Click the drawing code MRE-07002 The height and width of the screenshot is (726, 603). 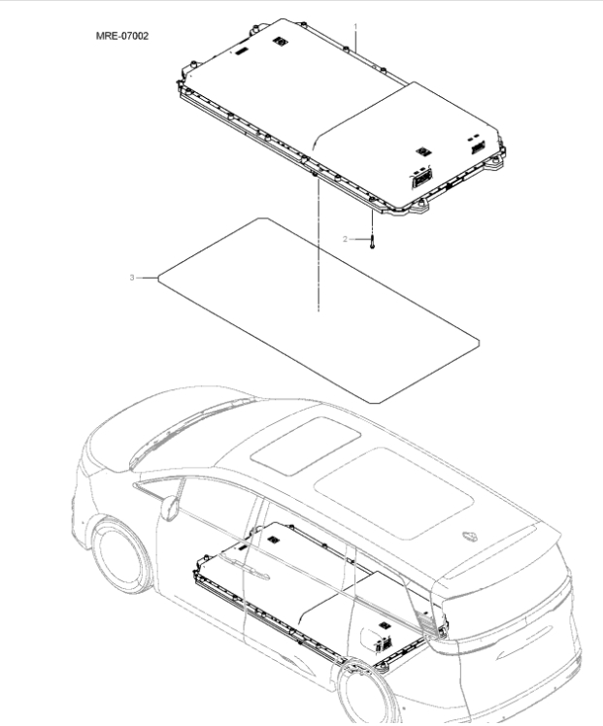click(x=121, y=36)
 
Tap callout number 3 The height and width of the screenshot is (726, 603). click(x=131, y=279)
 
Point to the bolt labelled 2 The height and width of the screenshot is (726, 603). click(x=371, y=240)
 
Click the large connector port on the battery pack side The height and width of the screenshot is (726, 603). click(x=422, y=179)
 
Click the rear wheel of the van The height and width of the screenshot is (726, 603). click(x=369, y=694)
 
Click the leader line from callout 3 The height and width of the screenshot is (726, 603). click(x=148, y=279)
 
